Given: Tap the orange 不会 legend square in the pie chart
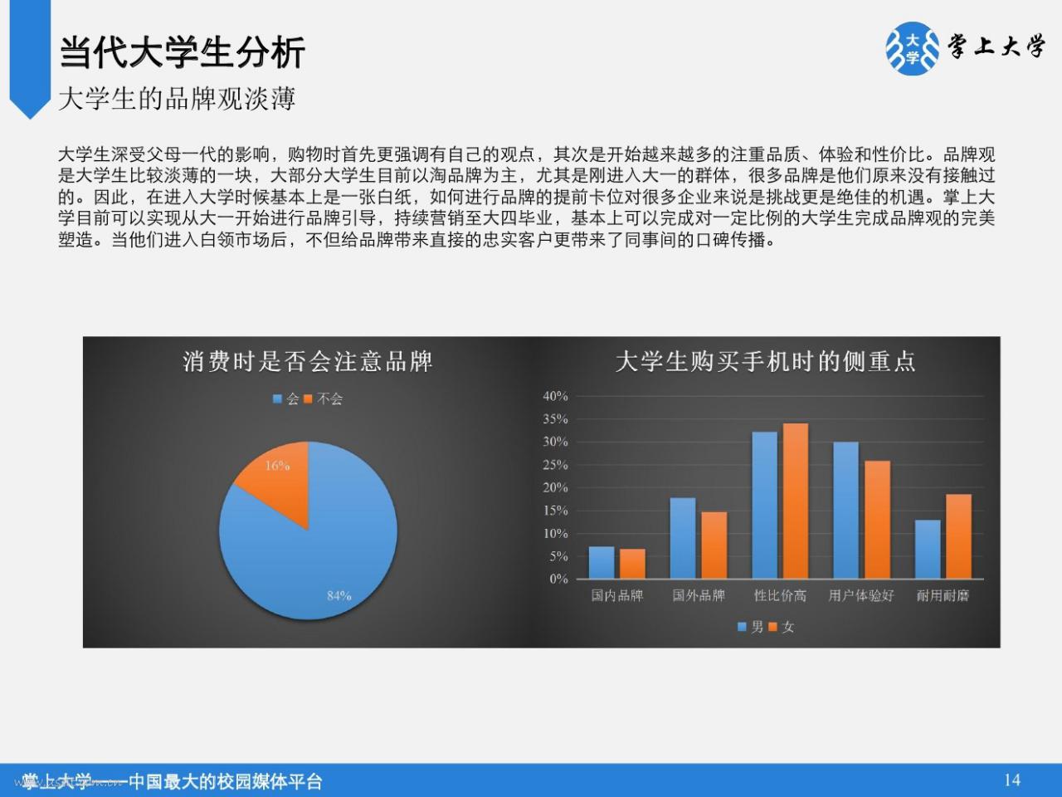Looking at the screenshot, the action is click(308, 398).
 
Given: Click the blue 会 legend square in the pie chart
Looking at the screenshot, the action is click(277, 398).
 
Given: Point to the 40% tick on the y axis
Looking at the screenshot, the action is click(555, 396).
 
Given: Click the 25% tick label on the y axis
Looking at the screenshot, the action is click(555, 465).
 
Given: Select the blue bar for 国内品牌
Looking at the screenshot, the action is click(602, 562).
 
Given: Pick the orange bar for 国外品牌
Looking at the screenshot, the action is click(714, 545).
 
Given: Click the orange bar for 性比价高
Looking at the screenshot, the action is click(796, 501).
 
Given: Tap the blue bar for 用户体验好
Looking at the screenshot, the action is click(845, 510).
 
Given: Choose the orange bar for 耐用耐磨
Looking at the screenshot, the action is click(958, 536).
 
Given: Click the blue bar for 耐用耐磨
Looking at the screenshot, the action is click(928, 550).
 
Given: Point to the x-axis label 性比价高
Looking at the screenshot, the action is click(780, 596).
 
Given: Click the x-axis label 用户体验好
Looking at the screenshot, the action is click(861, 596).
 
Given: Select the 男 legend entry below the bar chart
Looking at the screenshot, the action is click(750, 627).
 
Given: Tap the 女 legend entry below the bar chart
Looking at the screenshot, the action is click(782, 627).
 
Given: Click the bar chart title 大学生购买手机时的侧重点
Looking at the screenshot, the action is click(766, 361).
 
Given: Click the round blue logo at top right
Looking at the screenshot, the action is click(912, 48).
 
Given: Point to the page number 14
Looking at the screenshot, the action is click(1013, 780).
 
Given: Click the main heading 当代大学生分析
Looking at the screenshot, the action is click(182, 52).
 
